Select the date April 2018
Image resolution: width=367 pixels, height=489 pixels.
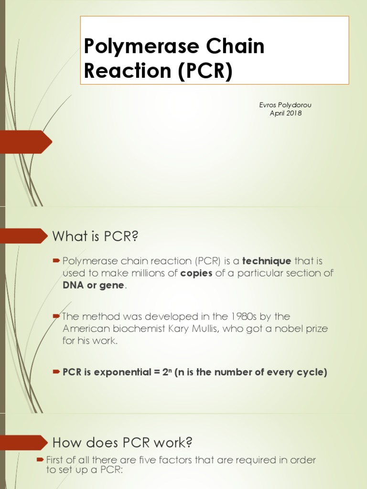[x=286, y=113]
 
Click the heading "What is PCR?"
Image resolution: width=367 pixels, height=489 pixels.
[x=97, y=235]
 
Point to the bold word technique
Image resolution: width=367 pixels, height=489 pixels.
[x=267, y=261]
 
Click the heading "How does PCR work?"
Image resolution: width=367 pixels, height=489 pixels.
[x=122, y=443]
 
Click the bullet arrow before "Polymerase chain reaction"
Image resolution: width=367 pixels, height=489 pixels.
[x=56, y=261]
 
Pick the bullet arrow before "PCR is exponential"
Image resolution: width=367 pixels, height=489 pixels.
[x=56, y=372]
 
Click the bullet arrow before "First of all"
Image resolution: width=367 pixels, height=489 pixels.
[x=40, y=459]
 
